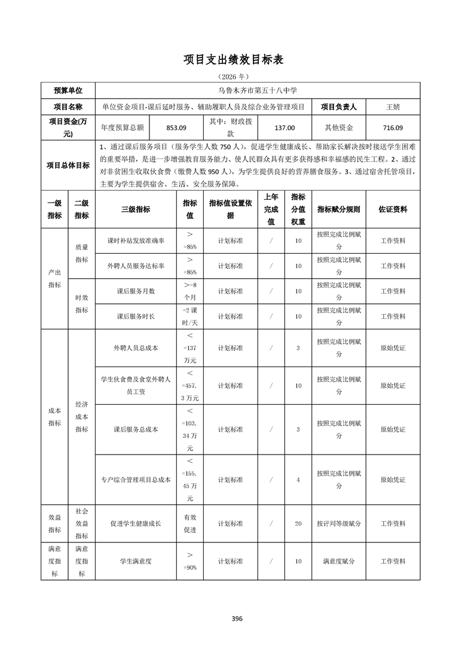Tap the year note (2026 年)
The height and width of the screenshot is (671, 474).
click(237, 77)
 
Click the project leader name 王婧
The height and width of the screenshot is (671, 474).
click(393, 107)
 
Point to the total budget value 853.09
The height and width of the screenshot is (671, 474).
click(176, 127)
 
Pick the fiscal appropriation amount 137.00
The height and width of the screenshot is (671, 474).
click(284, 127)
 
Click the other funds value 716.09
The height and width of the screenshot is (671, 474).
click(393, 127)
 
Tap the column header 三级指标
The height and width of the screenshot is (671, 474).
click(136, 209)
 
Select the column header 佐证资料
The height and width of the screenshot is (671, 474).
click(393, 209)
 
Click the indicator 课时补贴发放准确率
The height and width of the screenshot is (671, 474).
click(136, 240)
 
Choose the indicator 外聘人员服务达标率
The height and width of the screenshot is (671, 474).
click(136, 266)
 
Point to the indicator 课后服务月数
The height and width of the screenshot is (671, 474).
click(136, 291)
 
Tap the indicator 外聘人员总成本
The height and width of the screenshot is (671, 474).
click(136, 347)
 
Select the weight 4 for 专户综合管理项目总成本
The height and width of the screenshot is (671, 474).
click(298, 480)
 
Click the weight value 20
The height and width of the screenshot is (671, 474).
click(298, 523)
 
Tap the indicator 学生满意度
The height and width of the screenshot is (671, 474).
click(136, 562)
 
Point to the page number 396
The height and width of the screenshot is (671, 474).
click(237, 618)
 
